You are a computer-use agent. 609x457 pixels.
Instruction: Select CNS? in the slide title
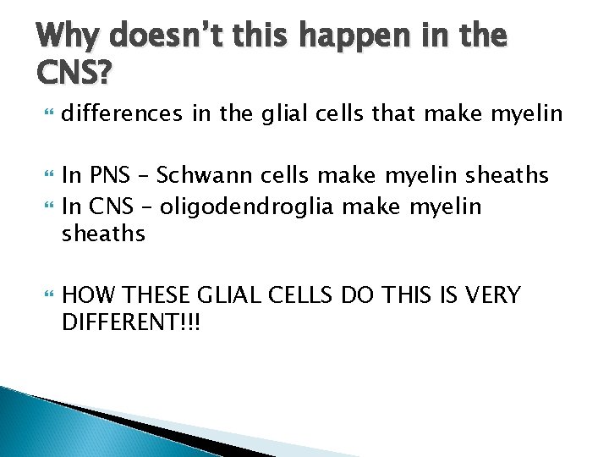73,74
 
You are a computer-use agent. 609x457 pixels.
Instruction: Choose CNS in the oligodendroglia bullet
107,206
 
